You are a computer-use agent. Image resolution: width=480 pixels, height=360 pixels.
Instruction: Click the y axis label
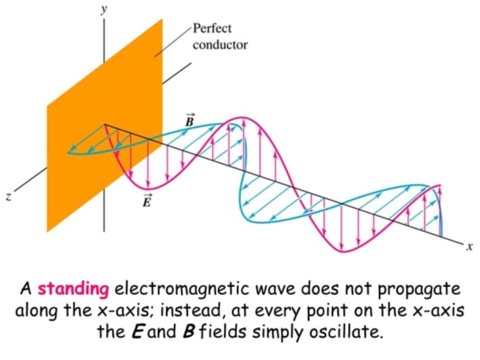104,10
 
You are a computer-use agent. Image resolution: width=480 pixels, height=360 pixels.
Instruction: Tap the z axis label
9,197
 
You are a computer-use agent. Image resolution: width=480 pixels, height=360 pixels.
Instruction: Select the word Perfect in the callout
212,29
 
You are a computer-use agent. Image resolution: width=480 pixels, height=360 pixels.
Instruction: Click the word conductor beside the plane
220,45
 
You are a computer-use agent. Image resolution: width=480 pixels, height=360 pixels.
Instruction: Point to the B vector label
190,120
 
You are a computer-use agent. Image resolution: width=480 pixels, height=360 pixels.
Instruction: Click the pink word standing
73,289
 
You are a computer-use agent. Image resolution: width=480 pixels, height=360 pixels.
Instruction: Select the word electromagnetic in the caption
182,289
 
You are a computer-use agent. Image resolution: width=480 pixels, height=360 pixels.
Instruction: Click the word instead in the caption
191,311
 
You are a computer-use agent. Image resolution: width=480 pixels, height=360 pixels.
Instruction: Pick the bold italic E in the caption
138,331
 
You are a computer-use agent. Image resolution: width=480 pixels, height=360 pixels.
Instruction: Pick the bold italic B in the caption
188,331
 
